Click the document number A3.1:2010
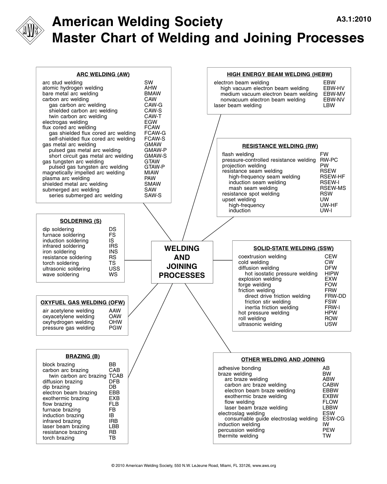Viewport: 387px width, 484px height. [x=354, y=19]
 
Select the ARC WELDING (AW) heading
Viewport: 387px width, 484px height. [x=103, y=74]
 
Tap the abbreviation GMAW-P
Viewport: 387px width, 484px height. [x=155, y=150]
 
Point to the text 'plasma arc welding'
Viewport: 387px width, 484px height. [x=66, y=178]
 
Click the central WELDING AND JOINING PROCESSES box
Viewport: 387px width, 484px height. [x=182, y=262]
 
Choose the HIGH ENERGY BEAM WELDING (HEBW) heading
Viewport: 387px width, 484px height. [x=279, y=74]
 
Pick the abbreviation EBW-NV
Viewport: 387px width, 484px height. [x=334, y=100]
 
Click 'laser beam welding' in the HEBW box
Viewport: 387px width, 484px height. [x=237, y=106]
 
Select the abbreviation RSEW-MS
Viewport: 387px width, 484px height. [x=333, y=188]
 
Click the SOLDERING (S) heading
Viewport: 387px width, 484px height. [x=81, y=221]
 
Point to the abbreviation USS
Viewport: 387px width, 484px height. [x=114, y=269]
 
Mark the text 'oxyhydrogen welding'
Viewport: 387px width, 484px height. [x=68, y=322]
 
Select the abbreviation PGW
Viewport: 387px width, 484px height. [x=115, y=328]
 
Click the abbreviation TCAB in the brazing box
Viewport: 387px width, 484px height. [x=116, y=376]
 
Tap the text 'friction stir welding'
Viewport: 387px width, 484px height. [x=268, y=302]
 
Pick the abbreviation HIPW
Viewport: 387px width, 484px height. [x=332, y=274]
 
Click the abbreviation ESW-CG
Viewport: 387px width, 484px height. [x=333, y=419]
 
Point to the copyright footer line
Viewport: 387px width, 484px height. [x=193, y=465]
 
